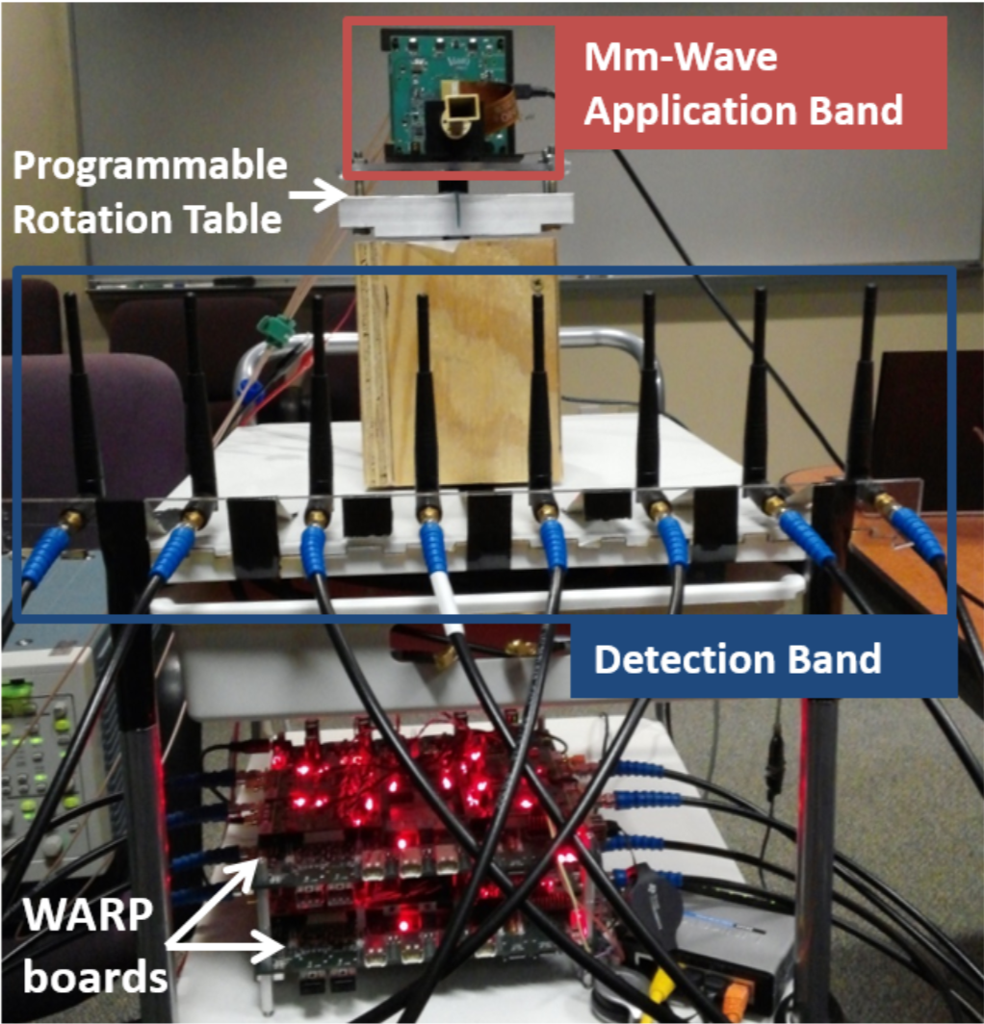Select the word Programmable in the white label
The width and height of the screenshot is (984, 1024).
(x=150, y=166)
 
